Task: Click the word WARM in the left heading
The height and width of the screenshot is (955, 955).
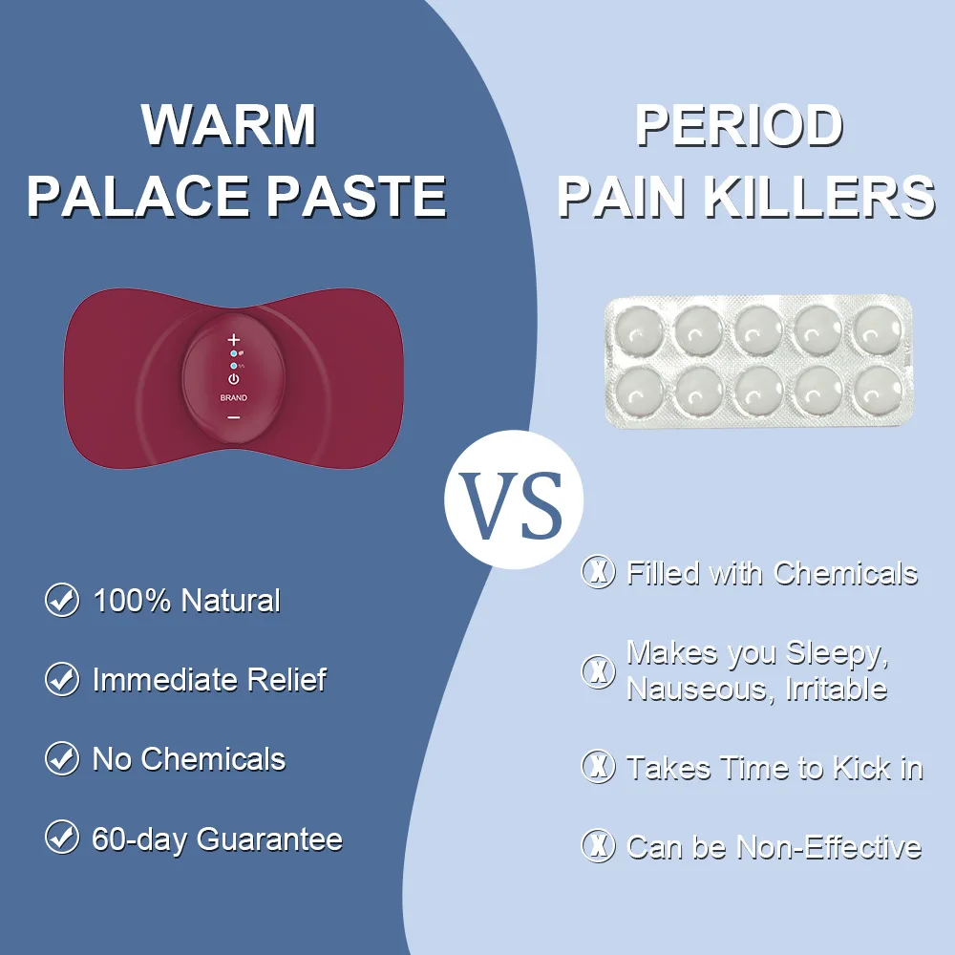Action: click(x=229, y=124)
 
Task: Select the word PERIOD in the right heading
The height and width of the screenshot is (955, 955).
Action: click(x=739, y=124)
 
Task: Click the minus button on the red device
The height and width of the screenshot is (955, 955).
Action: click(x=234, y=416)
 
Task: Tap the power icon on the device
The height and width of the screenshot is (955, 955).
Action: click(x=234, y=379)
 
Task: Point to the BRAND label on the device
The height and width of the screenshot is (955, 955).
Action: click(x=234, y=397)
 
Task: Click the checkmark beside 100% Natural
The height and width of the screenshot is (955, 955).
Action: click(x=62, y=601)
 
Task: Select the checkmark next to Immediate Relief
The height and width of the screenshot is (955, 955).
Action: click(x=62, y=680)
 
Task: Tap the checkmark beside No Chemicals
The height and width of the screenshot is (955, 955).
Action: click(x=62, y=759)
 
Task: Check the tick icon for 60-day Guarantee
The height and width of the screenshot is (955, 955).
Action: click(x=62, y=838)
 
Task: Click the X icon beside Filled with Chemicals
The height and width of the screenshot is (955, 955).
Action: click(x=599, y=573)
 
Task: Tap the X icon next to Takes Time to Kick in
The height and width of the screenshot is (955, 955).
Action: click(x=599, y=767)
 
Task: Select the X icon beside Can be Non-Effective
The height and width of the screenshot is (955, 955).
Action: click(x=599, y=846)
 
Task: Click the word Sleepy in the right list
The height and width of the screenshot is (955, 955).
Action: click(x=837, y=654)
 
